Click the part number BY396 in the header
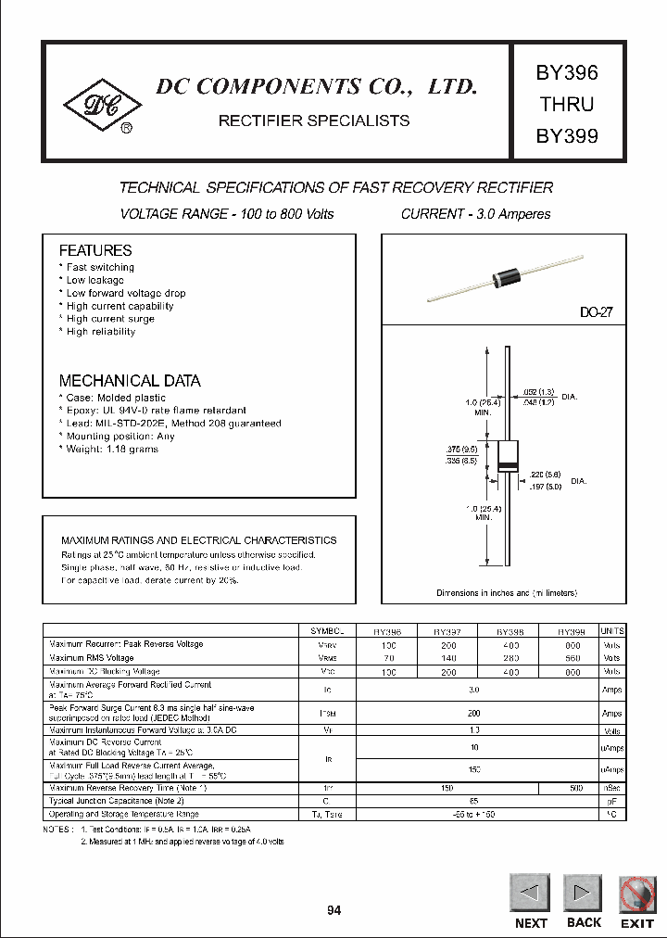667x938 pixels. click(567, 72)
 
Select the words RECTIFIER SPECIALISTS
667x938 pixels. click(313, 120)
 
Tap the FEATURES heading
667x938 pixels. click(95, 250)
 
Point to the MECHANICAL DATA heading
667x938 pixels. click(130, 381)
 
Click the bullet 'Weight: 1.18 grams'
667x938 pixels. click(111, 450)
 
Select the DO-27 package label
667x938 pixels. click(596, 313)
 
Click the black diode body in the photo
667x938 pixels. click(508, 273)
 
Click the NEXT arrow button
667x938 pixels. click(531, 895)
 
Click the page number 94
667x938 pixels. click(333, 911)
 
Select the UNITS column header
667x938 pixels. click(612, 630)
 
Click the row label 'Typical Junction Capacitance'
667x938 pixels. click(116, 800)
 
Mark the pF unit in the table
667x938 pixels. click(612, 800)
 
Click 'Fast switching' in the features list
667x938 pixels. click(100, 268)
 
